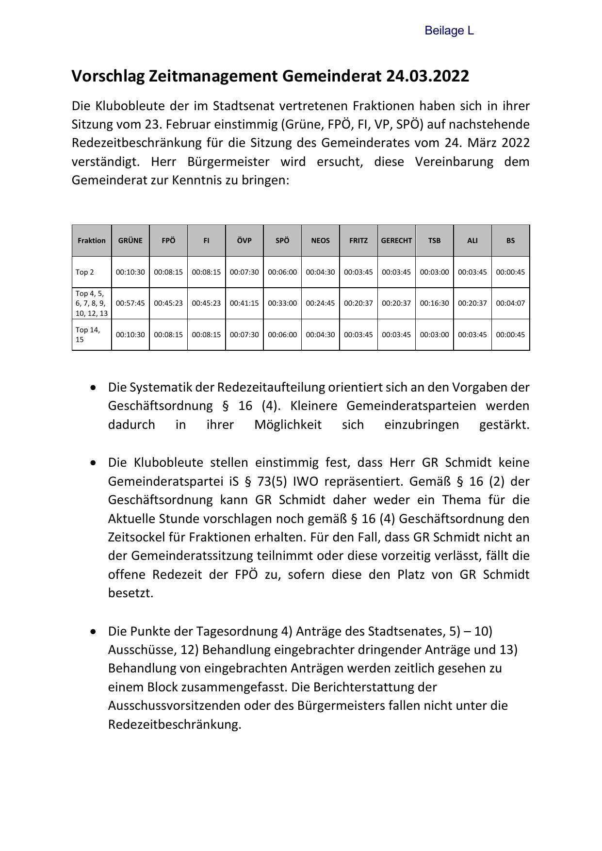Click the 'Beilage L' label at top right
(x=449, y=31)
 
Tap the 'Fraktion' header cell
(x=92, y=241)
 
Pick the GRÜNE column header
(x=130, y=241)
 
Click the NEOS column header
(x=320, y=241)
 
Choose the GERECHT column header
(x=396, y=241)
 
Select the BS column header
(x=510, y=241)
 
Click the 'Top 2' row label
(x=85, y=272)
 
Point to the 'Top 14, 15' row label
(x=88, y=335)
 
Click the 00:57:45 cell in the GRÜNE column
(x=130, y=303)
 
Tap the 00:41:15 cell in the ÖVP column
(x=244, y=303)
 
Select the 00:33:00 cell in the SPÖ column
(x=282, y=303)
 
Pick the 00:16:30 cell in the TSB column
(x=434, y=303)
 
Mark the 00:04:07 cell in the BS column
(x=510, y=303)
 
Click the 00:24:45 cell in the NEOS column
(x=320, y=303)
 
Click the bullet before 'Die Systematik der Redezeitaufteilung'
(x=93, y=388)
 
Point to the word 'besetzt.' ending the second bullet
(x=130, y=593)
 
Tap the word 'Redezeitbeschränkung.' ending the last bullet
(x=175, y=724)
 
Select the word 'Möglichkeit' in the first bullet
(x=288, y=425)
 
